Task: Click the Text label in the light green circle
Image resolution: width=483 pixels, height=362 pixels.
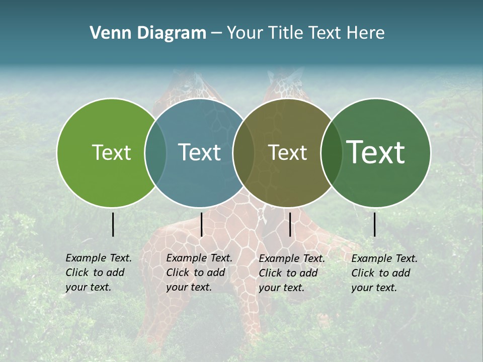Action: coord(111,152)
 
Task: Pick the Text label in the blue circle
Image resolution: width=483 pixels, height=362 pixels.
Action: coord(199,152)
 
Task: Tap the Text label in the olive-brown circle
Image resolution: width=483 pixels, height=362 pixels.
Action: coord(287,152)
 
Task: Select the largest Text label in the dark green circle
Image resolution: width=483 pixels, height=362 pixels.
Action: coord(375,152)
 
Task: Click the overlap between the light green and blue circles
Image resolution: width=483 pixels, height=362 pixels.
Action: coord(155,152)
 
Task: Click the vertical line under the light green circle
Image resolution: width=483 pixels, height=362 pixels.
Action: coord(113,224)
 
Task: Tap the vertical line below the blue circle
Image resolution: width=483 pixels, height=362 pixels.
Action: coord(201,224)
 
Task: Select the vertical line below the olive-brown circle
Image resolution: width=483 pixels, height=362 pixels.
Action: coord(290,224)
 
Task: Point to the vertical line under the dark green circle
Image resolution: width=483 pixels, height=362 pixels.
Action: coord(375,224)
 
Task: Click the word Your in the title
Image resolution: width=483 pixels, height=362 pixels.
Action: coord(245,33)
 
